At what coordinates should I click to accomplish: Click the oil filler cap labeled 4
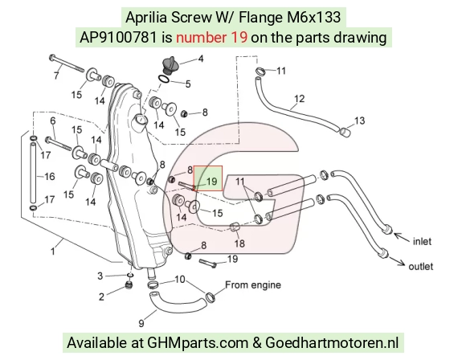(170, 64)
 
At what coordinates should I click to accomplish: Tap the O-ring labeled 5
(164, 79)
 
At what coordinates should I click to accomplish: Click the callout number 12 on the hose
(299, 98)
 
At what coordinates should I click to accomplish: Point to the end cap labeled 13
(345, 132)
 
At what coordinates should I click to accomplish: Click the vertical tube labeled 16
(33, 173)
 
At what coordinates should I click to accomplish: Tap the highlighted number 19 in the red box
(211, 181)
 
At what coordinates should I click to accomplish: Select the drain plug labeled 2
(129, 286)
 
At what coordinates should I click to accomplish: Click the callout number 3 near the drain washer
(100, 276)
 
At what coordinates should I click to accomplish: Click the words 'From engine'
(253, 284)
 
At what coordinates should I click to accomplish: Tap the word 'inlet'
(422, 241)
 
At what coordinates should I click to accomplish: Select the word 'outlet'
(420, 266)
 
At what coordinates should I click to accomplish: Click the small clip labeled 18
(235, 227)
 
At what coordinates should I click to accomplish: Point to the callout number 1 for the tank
(52, 252)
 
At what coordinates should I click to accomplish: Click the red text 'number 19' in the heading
(211, 38)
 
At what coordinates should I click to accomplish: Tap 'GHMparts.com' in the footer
(198, 343)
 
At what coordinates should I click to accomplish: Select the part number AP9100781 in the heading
(118, 38)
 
